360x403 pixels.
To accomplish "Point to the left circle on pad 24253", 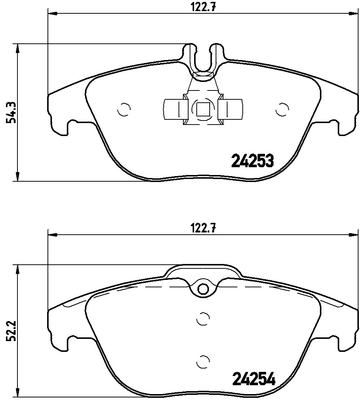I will (x=124, y=109).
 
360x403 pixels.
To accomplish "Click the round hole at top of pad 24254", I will (x=203, y=288).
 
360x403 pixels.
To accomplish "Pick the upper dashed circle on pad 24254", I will (x=202, y=318).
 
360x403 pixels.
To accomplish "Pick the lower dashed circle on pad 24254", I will (x=202, y=361).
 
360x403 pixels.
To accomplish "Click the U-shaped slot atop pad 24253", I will (x=203, y=59).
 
